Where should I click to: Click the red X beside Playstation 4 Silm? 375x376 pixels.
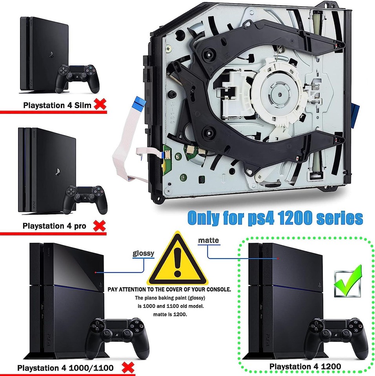tap(101, 104)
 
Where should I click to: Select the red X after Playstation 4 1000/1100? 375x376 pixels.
tap(127, 367)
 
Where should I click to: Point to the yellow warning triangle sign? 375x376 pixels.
tap(177, 262)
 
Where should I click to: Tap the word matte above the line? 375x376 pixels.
tap(208, 240)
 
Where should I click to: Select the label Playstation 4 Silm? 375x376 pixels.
tap(57, 105)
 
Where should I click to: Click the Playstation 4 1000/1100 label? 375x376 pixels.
tap(66, 368)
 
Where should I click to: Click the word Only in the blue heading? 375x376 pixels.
tap(206, 217)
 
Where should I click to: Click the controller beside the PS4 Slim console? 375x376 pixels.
tap(77, 78)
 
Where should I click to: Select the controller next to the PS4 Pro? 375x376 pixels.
tap(86, 199)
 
